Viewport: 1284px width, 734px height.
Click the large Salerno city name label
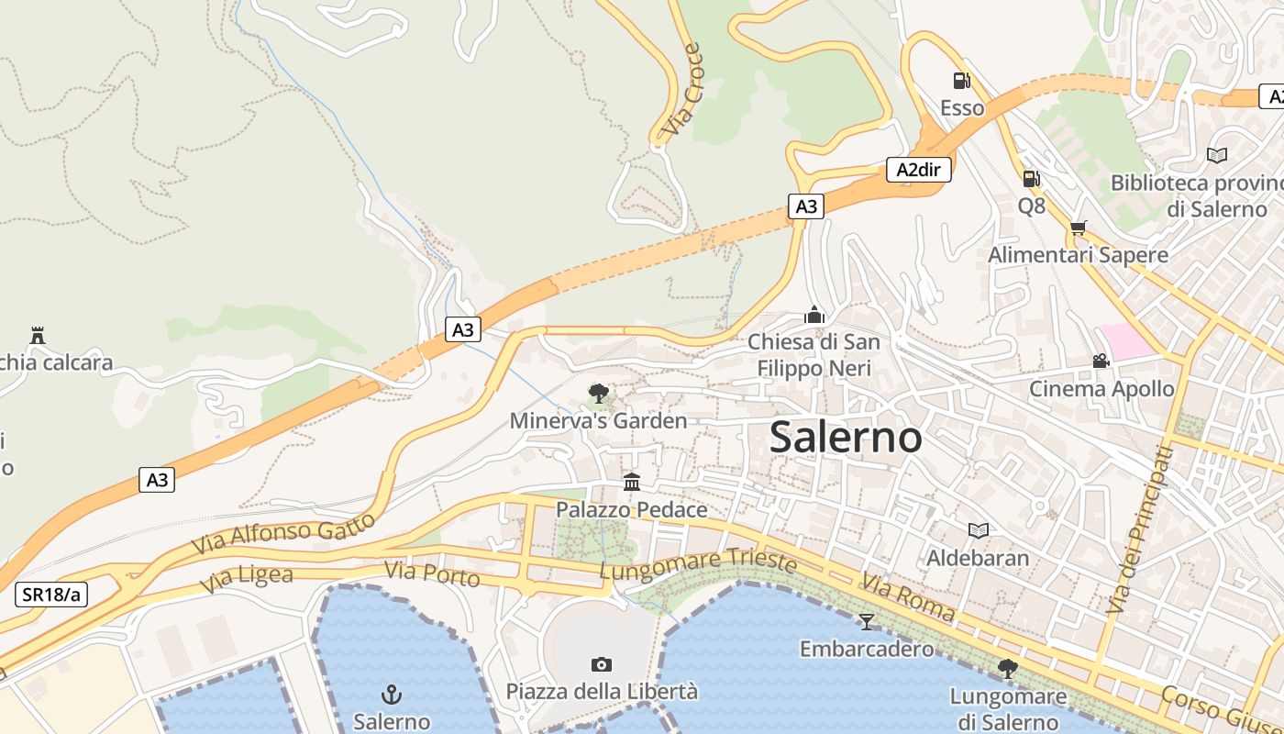click(x=846, y=437)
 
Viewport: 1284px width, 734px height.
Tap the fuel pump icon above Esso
click(x=961, y=81)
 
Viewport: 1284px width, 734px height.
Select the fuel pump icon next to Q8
click(x=1031, y=178)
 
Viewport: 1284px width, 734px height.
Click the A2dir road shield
click(x=918, y=169)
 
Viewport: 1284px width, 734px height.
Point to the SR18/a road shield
click(x=51, y=595)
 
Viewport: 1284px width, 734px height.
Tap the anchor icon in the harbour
click(x=392, y=694)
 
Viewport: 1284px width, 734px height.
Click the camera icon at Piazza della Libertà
click(x=602, y=664)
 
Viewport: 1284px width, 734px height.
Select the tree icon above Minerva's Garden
click(x=598, y=395)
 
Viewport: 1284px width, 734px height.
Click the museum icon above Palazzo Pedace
click(x=632, y=482)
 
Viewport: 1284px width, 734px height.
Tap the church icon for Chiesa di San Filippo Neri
click(x=814, y=315)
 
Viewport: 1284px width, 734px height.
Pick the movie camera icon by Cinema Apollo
click(x=1101, y=361)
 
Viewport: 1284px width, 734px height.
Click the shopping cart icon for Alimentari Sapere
click(x=1078, y=228)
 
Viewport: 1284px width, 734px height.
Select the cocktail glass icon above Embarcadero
click(x=867, y=622)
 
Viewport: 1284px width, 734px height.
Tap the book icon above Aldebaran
click(x=979, y=530)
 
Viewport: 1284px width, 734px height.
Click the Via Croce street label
click(x=681, y=90)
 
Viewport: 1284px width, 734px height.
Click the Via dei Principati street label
click(x=1140, y=529)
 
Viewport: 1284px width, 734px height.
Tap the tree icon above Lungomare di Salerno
click(x=1007, y=669)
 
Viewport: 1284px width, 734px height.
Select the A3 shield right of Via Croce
click(x=805, y=206)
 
